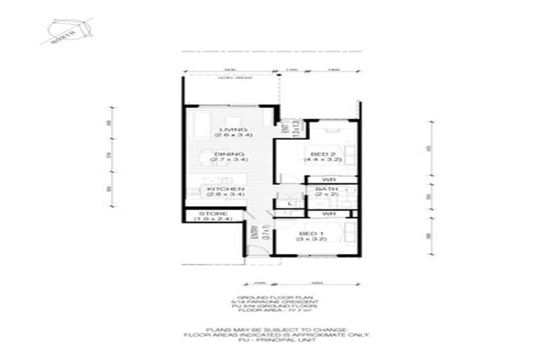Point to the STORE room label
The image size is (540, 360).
pyautogui.click(x=212, y=213)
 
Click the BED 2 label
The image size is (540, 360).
pyautogui.click(x=323, y=154)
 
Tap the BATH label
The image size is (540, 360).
pyautogui.click(x=326, y=190)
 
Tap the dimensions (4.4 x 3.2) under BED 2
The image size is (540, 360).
pyautogui.click(x=323, y=160)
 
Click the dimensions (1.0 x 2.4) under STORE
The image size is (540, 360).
pyautogui.click(x=212, y=219)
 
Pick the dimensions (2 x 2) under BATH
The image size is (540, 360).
pyautogui.click(x=326, y=196)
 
